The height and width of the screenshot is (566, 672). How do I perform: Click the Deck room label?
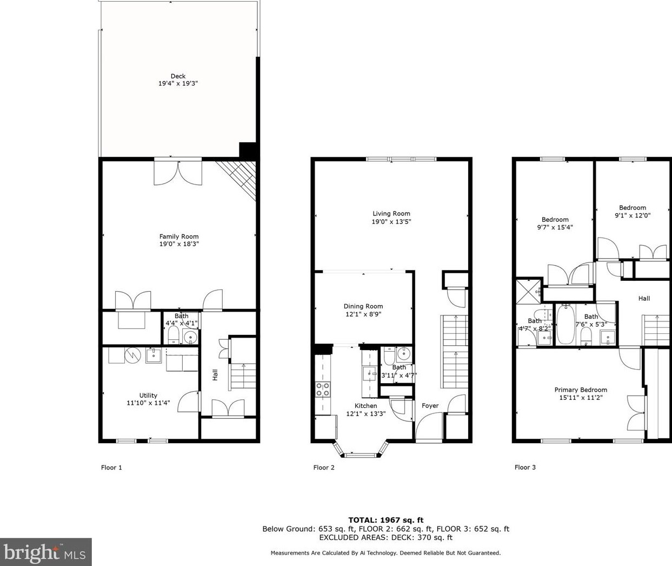tap(178, 76)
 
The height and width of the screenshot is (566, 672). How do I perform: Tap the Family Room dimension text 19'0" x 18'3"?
tap(179, 244)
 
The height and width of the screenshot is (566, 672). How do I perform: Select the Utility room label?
tap(148, 396)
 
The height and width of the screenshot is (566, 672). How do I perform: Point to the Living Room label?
tap(391, 214)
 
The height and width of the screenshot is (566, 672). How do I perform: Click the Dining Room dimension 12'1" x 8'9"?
tap(363, 314)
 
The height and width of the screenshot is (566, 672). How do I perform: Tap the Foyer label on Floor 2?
tap(430, 406)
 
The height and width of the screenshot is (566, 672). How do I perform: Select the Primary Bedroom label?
tap(580, 390)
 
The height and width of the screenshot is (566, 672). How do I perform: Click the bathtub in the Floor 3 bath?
tap(564, 324)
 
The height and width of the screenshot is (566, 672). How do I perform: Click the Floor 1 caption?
tap(111, 468)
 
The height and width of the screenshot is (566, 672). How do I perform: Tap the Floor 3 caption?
tap(525, 468)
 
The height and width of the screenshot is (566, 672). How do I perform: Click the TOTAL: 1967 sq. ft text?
tap(385, 519)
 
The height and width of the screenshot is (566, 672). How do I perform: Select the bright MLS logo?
tap(45, 552)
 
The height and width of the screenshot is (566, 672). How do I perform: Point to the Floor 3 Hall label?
tap(644, 299)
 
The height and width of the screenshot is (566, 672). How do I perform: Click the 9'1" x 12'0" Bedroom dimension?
tap(632, 215)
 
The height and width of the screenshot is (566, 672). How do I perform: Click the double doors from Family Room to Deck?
tap(178, 172)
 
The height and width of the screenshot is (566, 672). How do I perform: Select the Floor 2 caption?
tap(324, 468)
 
